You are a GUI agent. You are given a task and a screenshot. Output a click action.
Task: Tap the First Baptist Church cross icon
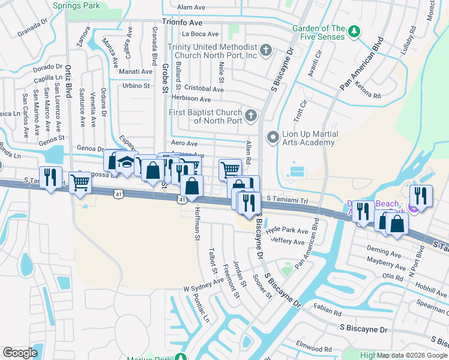[x=251, y=114]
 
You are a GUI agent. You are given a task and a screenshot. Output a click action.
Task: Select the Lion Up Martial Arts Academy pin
[x=273, y=138]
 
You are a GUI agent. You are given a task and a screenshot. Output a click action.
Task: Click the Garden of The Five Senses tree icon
[x=355, y=31]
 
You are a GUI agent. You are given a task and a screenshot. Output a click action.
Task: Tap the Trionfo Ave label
[x=185, y=20]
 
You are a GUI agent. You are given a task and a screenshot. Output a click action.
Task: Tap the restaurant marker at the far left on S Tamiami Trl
[x=51, y=177]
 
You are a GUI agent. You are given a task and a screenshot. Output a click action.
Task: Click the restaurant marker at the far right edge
[x=421, y=196]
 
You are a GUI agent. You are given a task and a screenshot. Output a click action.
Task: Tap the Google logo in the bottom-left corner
[x=20, y=353]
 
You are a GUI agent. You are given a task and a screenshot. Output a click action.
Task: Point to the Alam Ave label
[x=191, y=7]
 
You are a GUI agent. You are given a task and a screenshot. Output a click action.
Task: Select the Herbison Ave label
[x=191, y=99]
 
